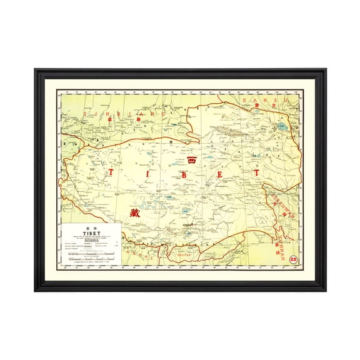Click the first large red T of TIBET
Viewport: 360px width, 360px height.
[x=112, y=171]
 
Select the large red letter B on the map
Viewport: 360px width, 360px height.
[x=184, y=175]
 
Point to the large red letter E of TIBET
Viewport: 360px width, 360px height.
[x=219, y=175]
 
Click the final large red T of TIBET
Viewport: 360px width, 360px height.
[x=255, y=172]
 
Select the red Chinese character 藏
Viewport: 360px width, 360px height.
[x=134, y=212]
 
